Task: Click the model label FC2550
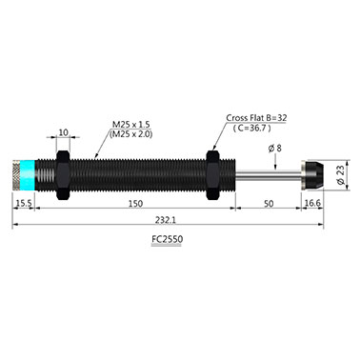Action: click(x=167, y=239)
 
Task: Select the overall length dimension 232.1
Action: click(x=166, y=220)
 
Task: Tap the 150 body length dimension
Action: click(x=135, y=204)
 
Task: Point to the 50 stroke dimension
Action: click(x=269, y=204)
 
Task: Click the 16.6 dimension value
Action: click(x=312, y=203)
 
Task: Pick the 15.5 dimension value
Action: click(x=24, y=203)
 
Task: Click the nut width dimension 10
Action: click(x=64, y=132)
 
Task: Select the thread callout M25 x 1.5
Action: click(x=130, y=124)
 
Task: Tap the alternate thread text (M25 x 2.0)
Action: click(x=130, y=134)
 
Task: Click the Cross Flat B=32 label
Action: click(x=256, y=118)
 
